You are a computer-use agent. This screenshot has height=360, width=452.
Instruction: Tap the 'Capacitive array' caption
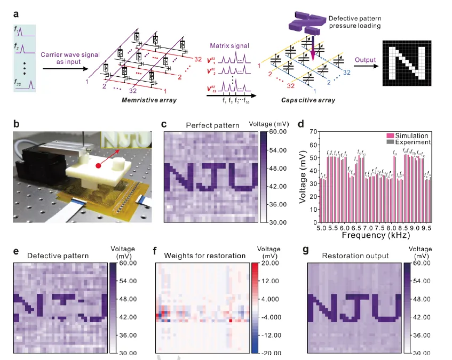pyautogui.click(x=299, y=100)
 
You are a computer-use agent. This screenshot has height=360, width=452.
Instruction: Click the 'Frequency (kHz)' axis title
pyautogui.click(x=378, y=235)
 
